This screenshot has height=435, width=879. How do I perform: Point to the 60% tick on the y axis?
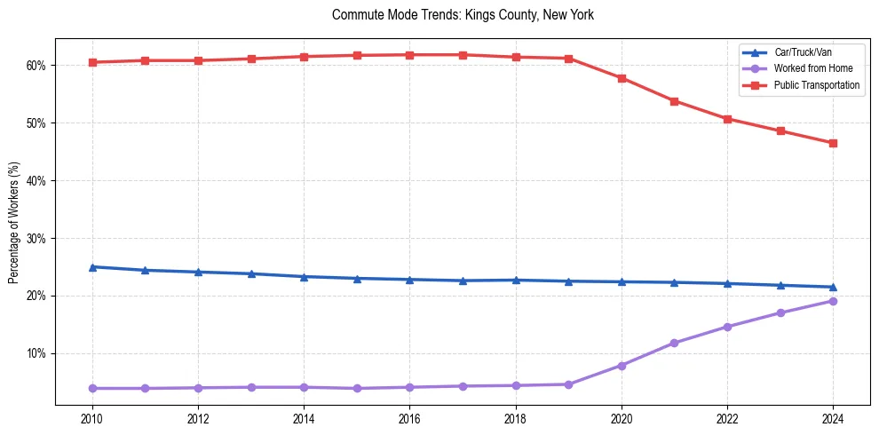tap(39, 66)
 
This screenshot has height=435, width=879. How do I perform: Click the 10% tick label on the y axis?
tap(39, 353)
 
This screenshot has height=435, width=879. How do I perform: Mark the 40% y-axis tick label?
tap(39, 181)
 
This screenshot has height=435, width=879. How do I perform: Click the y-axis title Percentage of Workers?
tap(14, 222)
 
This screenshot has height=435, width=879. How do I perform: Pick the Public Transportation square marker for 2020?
tap(622, 78)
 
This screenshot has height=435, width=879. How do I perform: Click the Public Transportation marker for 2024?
tap(833, 143)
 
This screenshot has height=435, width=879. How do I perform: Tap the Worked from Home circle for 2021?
tap(674, 343)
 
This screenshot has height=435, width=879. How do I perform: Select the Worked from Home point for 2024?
tap(833, 301)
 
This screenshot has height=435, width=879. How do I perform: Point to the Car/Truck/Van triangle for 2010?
tap(92, 266)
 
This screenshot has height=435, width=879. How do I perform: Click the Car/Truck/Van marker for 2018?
tap(516, 280)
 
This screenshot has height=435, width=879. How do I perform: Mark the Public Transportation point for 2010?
tap(92, 62)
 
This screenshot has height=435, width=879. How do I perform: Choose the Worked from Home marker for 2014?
tap(304, 387)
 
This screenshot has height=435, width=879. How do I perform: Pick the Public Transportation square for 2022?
tap(727, 119)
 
